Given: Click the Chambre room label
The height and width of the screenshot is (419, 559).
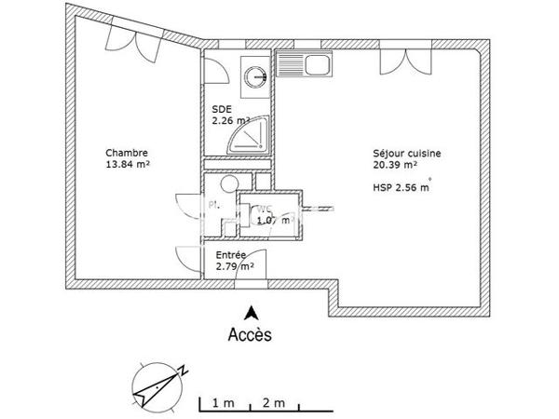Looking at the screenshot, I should (x=127, y=154).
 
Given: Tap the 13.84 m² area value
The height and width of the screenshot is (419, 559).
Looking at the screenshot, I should (x=129, y=166).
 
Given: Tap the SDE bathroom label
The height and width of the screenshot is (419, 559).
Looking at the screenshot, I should (x=221, y=108).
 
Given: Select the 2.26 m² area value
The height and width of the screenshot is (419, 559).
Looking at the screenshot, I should (x=231, y=120).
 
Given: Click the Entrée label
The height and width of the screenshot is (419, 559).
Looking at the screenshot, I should (x=230, y=254).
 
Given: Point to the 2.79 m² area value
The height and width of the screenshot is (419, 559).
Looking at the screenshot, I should (x=234, y=266).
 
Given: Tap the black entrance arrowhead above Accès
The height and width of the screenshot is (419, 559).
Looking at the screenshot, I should (x=250, y=313).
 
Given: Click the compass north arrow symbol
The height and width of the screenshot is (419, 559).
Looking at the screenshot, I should (x=158, y=382).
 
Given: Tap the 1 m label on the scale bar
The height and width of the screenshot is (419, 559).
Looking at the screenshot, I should (x=222, y=402).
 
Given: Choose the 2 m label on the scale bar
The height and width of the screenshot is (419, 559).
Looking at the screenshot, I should (x=274, y=402).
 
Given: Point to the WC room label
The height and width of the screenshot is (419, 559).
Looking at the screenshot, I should (x=265, y=209).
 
